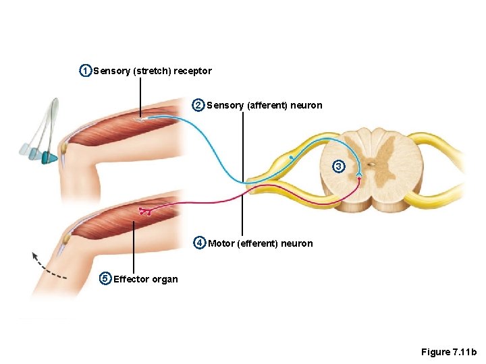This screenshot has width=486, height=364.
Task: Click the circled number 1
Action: click(85, 71)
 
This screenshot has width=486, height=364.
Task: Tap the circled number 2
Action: click(198, 105)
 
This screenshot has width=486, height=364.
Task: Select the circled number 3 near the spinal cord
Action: click(339, 166)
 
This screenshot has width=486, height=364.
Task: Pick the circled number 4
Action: click(200, 243)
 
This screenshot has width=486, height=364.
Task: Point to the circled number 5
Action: click(105, 278)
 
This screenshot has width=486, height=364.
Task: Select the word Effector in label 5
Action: click(132, 279)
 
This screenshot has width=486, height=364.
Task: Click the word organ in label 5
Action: click(165, 280)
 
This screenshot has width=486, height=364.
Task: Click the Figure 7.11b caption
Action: click(448, 352)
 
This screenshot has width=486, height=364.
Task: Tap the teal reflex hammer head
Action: click(49, 158)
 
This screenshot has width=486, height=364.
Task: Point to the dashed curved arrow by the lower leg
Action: click(47, 266)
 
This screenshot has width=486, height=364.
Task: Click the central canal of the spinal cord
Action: click(371, 164)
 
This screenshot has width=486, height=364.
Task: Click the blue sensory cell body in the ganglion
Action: click(291, 157)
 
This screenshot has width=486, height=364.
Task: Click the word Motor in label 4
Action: click(221, 243)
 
